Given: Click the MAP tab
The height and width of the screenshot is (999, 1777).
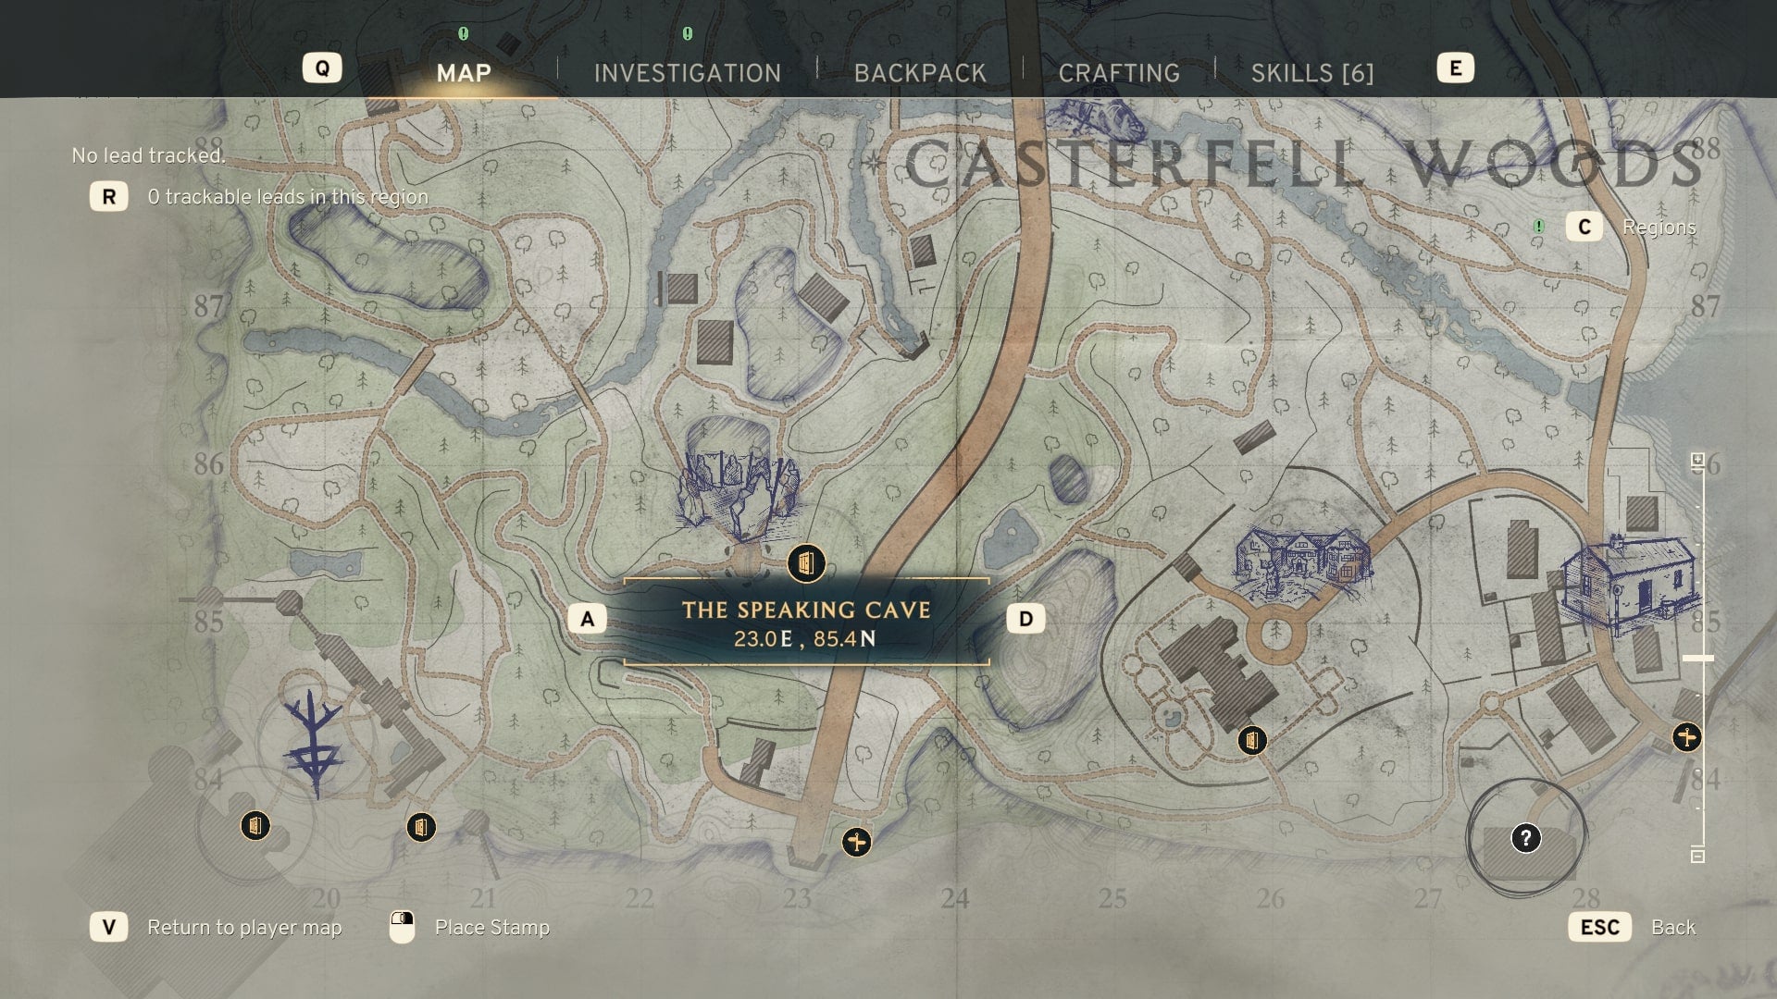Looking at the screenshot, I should coord(464,73).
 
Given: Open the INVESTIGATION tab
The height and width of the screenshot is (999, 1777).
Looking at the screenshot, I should coord(688,73).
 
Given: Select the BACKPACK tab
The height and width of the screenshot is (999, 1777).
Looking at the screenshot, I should coord(920,73).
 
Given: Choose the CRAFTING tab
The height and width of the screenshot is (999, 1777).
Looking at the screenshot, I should coord(1119,73).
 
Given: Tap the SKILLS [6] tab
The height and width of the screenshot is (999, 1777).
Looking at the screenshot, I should coord(1311,73).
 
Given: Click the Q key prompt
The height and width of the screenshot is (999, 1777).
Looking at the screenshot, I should coord(322,68).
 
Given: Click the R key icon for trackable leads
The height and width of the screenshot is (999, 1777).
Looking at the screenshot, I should coord(109,196).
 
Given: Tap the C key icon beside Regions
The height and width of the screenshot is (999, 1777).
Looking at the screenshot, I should coord(1584,228).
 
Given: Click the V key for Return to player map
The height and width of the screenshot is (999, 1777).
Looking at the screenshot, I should coord(109,927).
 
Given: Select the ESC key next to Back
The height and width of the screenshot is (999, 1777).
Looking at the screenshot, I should coord(1599,927).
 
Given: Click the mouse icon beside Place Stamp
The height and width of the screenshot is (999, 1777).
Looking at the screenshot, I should coord(403,927).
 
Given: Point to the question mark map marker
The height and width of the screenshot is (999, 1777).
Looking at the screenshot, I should coord(1525,838).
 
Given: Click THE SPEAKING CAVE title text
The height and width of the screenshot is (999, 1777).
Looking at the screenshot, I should coord(806,610).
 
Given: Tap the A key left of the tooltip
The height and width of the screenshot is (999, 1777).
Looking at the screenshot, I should coord(587,619).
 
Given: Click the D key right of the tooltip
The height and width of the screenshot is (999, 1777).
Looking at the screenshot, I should coord(1025,619).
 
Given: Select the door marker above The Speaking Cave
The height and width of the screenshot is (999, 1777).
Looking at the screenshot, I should coord(806,562).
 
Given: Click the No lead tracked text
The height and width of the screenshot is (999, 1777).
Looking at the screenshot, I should coord(148,155).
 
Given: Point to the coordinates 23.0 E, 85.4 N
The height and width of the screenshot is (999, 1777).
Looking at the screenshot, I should coord(805,639).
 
